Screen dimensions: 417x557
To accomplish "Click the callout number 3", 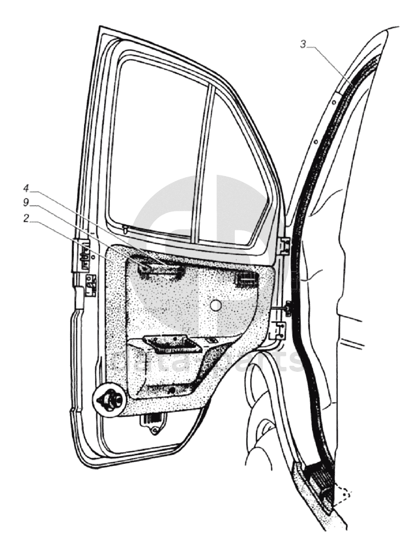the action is [303, 44].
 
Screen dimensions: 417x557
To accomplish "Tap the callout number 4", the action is [26, 189].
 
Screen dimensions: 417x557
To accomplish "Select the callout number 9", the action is [26, 203].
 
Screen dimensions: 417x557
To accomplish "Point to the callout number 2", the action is [26, 218].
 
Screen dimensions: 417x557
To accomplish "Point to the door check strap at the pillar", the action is [287, 310].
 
